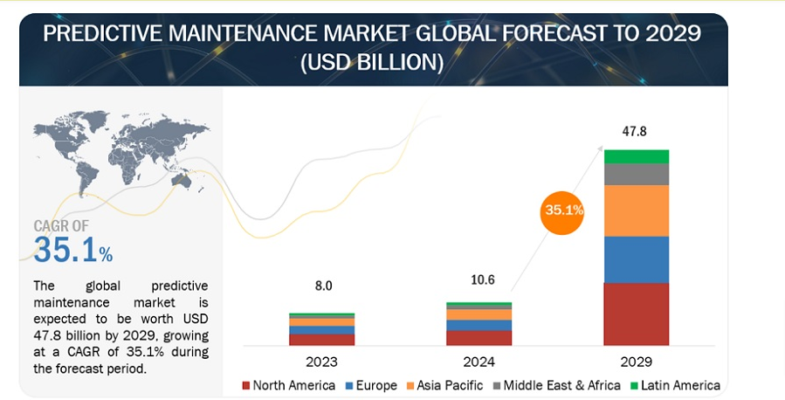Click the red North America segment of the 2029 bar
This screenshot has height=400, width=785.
click(x=636, y=314)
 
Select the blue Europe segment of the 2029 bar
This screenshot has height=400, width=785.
click(x=636, y=259)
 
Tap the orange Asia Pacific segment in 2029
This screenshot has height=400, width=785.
click(x=636, y=210)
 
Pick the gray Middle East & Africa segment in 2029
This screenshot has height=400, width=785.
click(x=636, y=174)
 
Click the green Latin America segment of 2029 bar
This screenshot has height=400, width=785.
click(x=636, y=156)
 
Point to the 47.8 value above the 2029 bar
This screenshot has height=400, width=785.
click(x=636, y=131)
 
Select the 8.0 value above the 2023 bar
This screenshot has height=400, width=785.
click(x=321, y=285)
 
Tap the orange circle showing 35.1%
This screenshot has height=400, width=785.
click(x=563, y=210)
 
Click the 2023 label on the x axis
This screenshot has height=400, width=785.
click(x=321, y=360)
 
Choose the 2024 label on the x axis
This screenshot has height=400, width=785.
click(x=479, y=360)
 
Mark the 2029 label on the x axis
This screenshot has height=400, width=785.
click(x=636, y=360)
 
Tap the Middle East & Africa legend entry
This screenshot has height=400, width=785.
click(x=554, y=385)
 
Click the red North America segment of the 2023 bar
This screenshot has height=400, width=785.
click(x=321, y=340)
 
